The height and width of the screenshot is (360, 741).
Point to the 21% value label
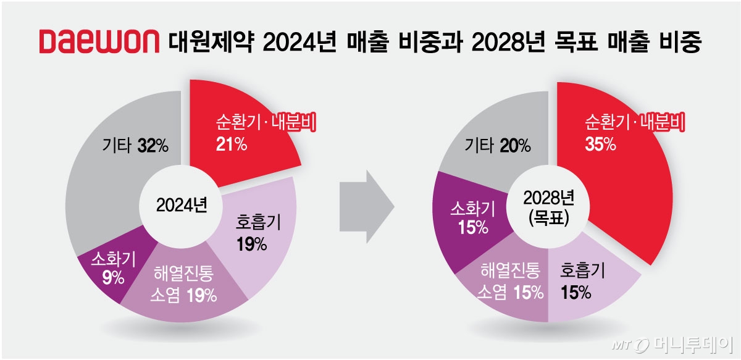pos(232,144)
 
